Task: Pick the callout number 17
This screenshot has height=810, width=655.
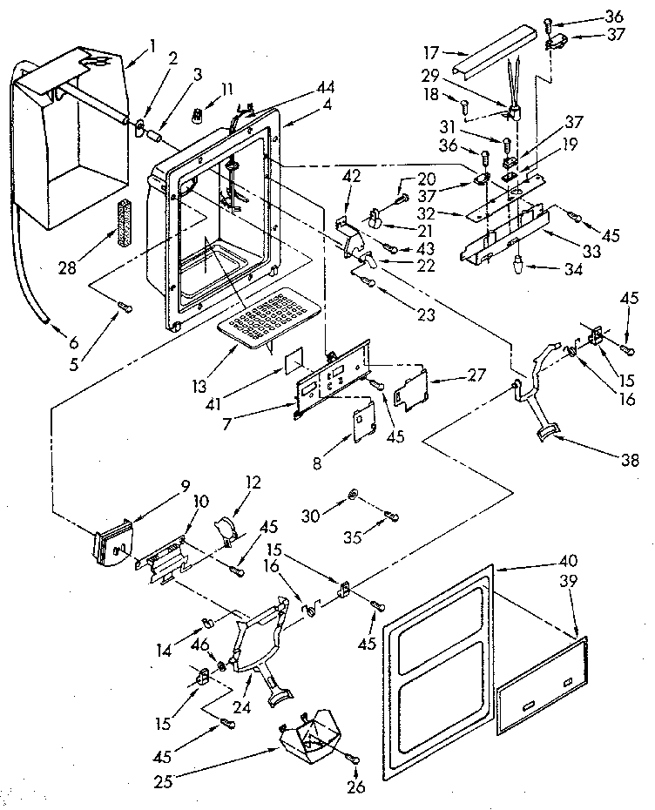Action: (428, 51)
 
